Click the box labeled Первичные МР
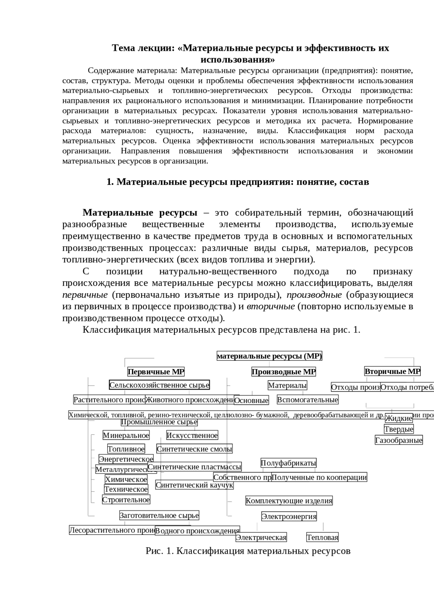[156, 372]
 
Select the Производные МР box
[283, 372]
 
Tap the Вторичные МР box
[392, 371]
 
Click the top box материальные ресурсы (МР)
[269, 356]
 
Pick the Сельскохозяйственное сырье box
[159, 385]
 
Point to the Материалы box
[287, 385]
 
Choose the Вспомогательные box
[308, 400]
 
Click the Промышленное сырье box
[159, 422]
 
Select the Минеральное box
[126, 435]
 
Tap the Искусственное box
[192, 435]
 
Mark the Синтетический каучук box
[194, 485]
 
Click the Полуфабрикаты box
[289, 463]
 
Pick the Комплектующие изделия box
[289, 501]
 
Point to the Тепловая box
[322, 537]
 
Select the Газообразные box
[399, 440]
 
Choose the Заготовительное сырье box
[159, 515]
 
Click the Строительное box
[126, 500]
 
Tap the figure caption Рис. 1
[248, 551]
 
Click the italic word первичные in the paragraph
[85, 295]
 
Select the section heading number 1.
[110, 182]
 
